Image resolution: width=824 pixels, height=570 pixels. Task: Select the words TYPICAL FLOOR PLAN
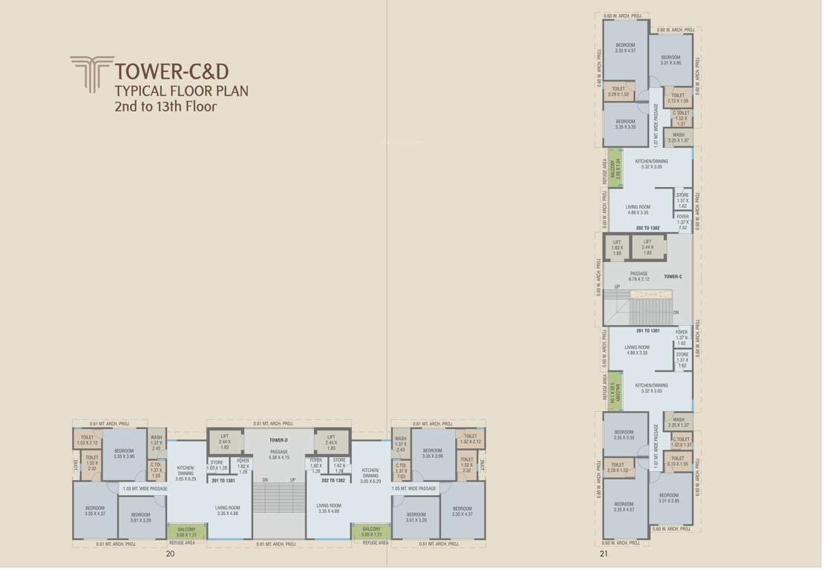click(x=181, y=91)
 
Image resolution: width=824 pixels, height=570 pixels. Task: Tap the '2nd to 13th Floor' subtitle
click(x=165, y=107)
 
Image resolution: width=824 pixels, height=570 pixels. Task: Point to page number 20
click(x=170, y=554)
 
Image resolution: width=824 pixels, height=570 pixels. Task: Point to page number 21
click(x=604, y=554)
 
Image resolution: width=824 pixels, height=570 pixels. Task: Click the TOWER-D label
click(x=278, y=440)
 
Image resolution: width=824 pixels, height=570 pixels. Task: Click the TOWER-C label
click(x=673, y=277)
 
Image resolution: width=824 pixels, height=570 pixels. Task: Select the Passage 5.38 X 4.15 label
click(x=278, y=454)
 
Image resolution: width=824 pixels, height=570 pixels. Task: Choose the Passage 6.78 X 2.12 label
click(x=638, y=277)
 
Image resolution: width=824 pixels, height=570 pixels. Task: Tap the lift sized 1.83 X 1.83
click(x=616, y=248)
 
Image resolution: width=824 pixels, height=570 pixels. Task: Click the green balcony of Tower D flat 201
click(x=186, y=531)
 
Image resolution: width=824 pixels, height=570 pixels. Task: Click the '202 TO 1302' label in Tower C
click(x=648, y=229)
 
